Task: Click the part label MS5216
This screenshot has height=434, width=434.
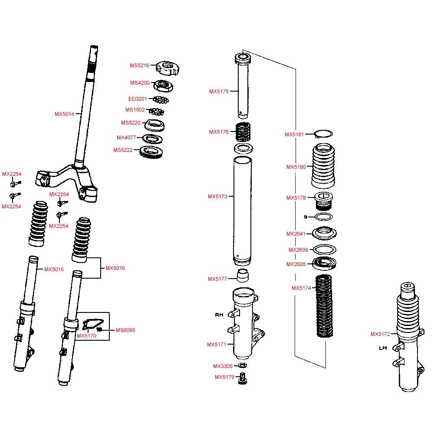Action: [x=139, y=66]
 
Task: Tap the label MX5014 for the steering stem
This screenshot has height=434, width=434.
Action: [x=64, y=114]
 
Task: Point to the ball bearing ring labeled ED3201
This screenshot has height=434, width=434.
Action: [x=161, y=100]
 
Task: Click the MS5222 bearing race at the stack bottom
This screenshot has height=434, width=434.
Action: [x=151, y=152]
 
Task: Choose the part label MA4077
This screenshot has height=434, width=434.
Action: [x=126, y=138]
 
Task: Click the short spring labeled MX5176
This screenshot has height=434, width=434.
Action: [x=243, y=132]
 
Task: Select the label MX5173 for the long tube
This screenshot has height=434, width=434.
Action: [x=217, y=197]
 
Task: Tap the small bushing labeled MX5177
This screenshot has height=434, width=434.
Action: [x=243, y=276]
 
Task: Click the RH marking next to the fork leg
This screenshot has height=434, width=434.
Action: [x=219, y=315]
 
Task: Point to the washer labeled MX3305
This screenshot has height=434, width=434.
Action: [x=243, y=365]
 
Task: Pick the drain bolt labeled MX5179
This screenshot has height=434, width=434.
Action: [x=243, y=378]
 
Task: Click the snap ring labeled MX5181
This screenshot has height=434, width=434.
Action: [x=324, y=134]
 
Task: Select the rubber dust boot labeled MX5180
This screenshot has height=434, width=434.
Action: [x=323, y=166]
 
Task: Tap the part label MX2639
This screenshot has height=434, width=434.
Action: [x=298, y=250]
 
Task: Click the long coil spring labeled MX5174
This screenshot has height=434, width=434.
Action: [x=324, y=306]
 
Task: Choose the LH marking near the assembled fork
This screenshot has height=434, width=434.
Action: [x=383, y=348]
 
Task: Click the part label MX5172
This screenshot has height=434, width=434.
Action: [x=380, y=334]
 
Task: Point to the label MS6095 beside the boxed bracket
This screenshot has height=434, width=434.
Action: [x=125, y=330]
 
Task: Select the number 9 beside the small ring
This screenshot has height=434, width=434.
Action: [x=306, y=217]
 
